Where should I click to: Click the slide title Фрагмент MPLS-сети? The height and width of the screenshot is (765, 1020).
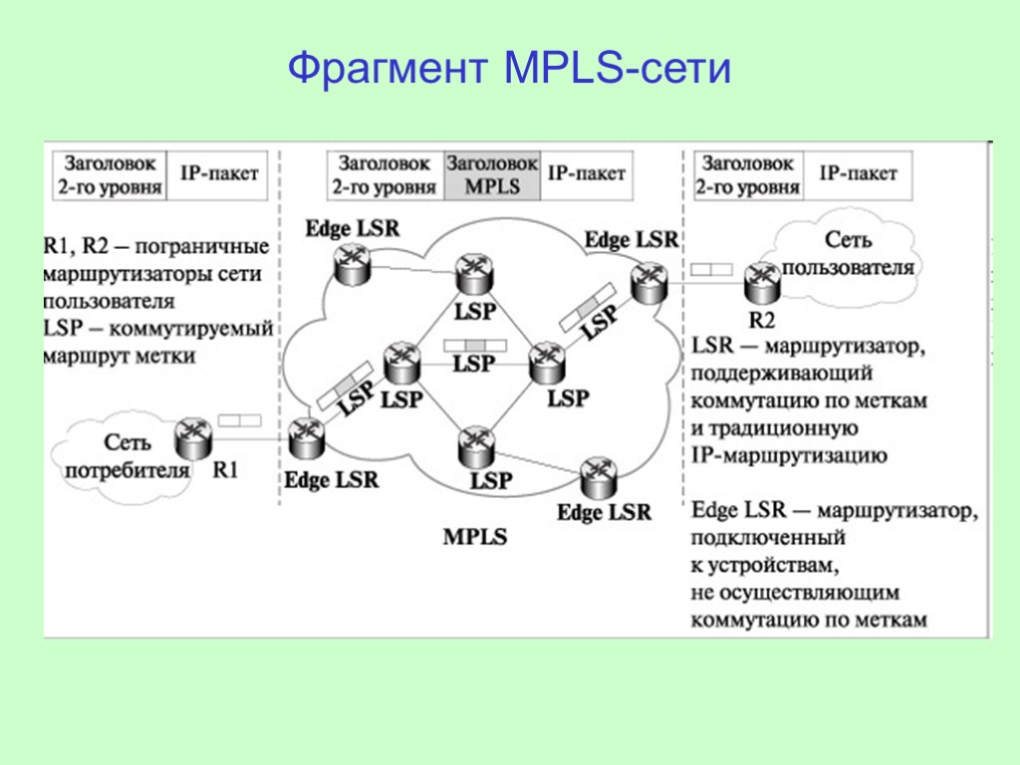click(x=509, y=70)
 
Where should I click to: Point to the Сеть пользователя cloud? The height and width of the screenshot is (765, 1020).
click(x=847, y=253)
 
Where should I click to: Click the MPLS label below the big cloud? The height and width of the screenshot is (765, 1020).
click(x=474, y=537)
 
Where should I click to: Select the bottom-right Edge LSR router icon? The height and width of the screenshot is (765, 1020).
click(x=598, y=477)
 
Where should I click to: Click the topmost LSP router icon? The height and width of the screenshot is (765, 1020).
click(x=473, y=273)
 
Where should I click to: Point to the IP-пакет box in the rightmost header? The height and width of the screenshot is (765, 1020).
click(x=858, y=173)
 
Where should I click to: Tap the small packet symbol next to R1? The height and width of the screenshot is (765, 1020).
click(x=238, y=421)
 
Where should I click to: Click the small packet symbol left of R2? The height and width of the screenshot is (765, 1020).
click(x=710, y=269)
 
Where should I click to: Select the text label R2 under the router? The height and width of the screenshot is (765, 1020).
click(x=761, y=320)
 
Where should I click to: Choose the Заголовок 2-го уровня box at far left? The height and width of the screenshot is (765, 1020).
click(x=106, y=174)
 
